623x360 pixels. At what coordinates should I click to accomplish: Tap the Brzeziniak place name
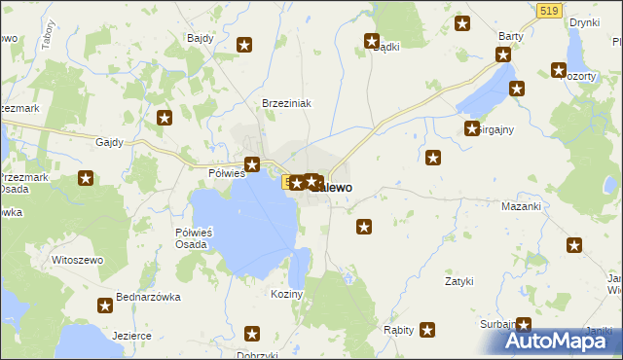point(285,103)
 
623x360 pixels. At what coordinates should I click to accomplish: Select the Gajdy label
point(109,142)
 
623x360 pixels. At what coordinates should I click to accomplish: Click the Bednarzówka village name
point(148,297)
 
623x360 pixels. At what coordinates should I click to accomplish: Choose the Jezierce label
point(131,336)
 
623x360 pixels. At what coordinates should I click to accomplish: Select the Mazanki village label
point(519,207)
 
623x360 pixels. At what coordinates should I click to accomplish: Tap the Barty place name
point(511,35)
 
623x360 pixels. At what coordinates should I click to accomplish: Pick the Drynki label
point(584,21)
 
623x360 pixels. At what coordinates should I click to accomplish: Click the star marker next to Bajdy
point(244,44)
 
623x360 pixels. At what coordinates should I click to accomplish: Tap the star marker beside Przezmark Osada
point(86,178)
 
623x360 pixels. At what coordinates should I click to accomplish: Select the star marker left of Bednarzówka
point(105,306)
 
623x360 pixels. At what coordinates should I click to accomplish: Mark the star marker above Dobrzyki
point(253,334)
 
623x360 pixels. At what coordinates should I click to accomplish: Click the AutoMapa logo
point(562,341)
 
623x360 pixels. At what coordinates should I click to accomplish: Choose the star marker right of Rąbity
point(426,330)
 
